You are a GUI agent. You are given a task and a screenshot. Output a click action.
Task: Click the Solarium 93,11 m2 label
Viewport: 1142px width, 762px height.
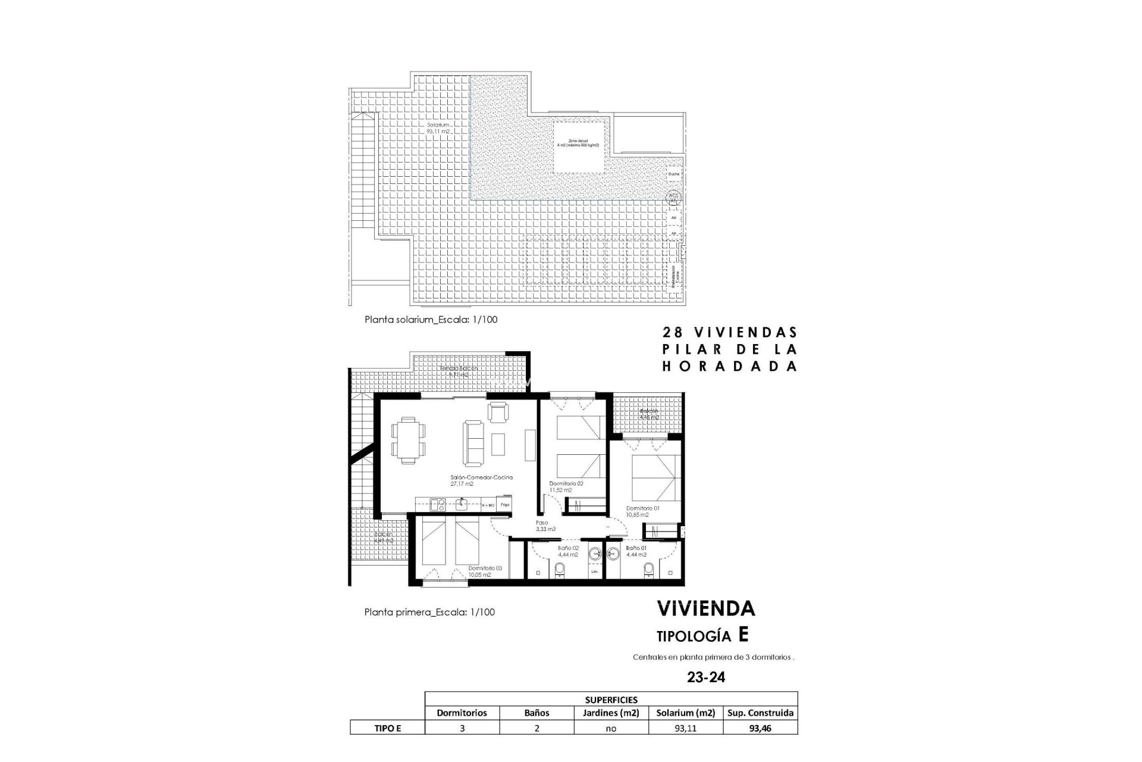[437, 128]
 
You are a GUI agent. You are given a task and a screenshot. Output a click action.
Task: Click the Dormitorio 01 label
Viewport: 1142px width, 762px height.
[642, 511]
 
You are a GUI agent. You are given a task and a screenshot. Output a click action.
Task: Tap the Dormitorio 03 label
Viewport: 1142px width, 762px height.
[485, 571]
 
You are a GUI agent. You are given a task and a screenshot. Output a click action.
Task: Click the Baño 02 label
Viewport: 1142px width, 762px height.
[568, 551]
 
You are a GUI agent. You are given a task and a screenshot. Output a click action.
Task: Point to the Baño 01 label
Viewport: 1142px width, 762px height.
[636, 551]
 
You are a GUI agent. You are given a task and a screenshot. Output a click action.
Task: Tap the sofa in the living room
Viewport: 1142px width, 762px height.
[473, 443]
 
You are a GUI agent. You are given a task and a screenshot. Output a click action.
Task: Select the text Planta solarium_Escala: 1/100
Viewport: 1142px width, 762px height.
[431, 320]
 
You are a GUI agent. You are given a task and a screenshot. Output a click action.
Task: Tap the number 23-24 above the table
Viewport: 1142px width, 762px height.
[705, 677]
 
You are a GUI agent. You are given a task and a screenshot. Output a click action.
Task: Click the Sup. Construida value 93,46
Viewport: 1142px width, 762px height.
[760, 727]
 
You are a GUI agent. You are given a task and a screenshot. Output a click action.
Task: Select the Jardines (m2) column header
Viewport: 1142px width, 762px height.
[610, 713]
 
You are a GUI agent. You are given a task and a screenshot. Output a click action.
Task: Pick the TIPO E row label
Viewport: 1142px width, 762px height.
[387, 727]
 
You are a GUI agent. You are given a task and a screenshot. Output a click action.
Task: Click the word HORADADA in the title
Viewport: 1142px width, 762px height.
[730, 367]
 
